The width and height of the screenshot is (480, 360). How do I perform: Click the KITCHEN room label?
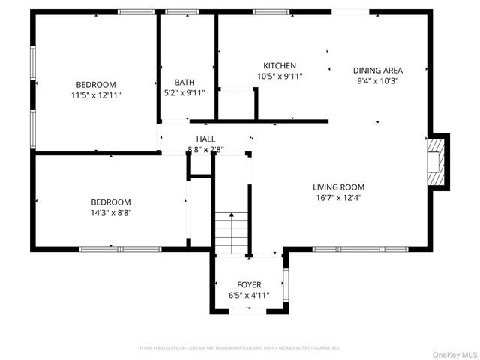(280, 66)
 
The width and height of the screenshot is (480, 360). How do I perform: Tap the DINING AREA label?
(378, 70)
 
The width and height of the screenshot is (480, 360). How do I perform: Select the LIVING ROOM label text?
(338, 187)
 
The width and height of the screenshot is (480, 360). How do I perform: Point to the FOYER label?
(250, 285)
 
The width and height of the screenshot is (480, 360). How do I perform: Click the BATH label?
(184, 82)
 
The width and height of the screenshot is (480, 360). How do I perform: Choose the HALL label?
(205, 139)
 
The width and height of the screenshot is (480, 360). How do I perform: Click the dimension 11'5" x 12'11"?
(95, 95)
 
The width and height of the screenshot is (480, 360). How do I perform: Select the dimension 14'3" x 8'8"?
(111, 212)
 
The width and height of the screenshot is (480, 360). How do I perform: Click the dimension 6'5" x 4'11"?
(250, 295)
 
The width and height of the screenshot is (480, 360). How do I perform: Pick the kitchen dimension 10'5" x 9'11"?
(280, 76)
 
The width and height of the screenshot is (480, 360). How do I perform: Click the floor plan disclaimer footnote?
(240, 348)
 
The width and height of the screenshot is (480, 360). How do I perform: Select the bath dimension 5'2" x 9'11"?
(184, 92)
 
